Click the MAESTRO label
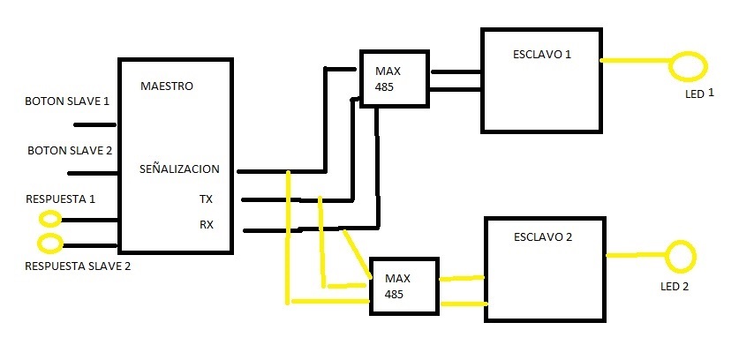[x=167, y=86]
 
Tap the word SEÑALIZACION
[x=179, y=169]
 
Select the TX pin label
[x=206, y=199]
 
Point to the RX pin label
[x=207, y=224]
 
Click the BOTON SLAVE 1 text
[x=67, y=101]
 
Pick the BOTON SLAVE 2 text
[x=70, y=150]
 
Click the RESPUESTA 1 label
[x=61, y=199]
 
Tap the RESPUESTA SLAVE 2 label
[x=78, y=266]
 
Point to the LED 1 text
[x=699, y=94]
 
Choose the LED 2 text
[x=675, y=287]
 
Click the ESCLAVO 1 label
[x=542, y=54]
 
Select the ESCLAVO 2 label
[x=543, y=237]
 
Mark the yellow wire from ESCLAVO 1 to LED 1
[x=636, y=61]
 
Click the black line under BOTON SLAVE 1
[x=94, y=125]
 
